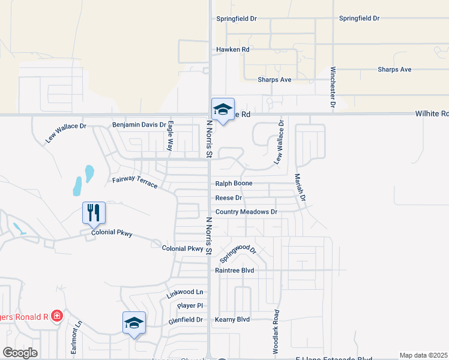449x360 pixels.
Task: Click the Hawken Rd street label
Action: pyautogui.click(x=232, y=49)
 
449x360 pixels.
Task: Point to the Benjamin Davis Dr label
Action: pyautogui.click(x=139, y=125)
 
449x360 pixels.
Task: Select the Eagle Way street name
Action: pyautogui.click(x=170, y=136)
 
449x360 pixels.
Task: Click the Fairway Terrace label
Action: pyautogui.click(x=134, y=180)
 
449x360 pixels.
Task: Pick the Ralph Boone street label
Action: pyautogui.click(x=234, y=184)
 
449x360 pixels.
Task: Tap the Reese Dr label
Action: pyautogui.click(x=229, y=197)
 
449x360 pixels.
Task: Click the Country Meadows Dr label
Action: pyautogui.click(x=246, y=212)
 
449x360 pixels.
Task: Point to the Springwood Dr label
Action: pyautogui.click(x=238, y=253)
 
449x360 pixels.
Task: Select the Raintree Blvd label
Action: pyautogui.click(x=235, y=271)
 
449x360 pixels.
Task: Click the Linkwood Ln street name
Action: pyautogui.click(x=185, y=292)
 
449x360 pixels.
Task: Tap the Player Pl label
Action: pyautogui.click(x=190, y=305)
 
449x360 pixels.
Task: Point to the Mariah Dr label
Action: pyautogui.click(x=300, y=188)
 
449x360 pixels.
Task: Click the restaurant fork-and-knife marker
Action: pyautogui.click(x=94, y=212)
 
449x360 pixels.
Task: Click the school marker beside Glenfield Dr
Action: pyautogui.click(x=134, y=323)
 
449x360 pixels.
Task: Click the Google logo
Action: pyautogui.click(x=20, y=352)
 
